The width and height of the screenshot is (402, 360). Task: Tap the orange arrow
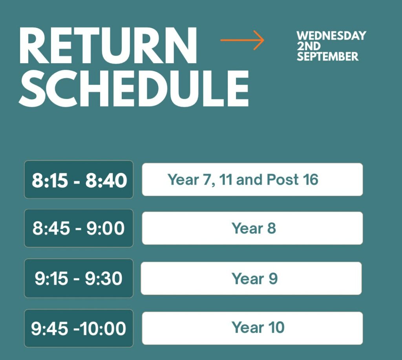click(x=242, y=40)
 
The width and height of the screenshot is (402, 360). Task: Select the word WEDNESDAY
click(x=331, y=36)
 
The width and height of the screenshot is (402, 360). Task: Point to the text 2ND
click(x=309, y=46)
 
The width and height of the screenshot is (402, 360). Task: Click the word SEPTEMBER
click(x=327, y=56)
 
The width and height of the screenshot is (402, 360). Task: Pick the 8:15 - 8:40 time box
click(x=79, y=180)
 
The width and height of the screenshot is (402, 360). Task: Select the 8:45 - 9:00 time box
click(x=79, y=228)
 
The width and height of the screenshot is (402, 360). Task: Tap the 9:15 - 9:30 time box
click(x=79, y=278)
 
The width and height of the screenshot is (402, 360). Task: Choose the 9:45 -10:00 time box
click(x=79, y=328)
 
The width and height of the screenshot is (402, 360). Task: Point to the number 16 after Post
click(x=311, y=180)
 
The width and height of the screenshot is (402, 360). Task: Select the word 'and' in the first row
click(x=249, y=180)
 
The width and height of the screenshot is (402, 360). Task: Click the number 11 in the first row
click(x=226, y=180)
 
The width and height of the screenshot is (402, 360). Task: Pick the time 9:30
click(x=104, y=278)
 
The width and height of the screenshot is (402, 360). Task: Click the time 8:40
click(x=106, y=180)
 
